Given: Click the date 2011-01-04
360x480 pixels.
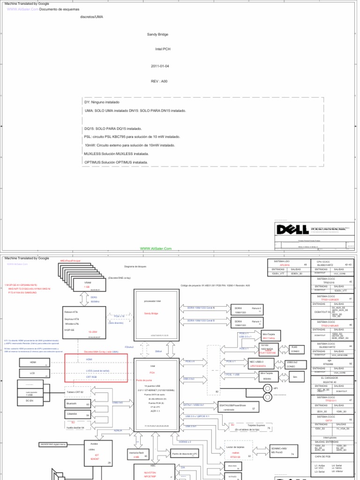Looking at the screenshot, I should tap(160, 66).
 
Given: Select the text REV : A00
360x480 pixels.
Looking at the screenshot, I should tap(159, 81).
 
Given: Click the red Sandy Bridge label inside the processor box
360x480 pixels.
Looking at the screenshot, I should tap(151, 312).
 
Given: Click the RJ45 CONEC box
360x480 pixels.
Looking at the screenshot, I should tap(295, 350).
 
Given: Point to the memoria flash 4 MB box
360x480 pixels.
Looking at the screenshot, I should tap(138, 454).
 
